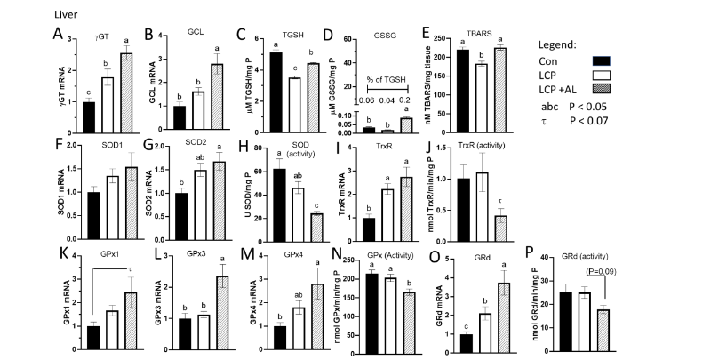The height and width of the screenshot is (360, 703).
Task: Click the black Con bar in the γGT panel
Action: [87, 116]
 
